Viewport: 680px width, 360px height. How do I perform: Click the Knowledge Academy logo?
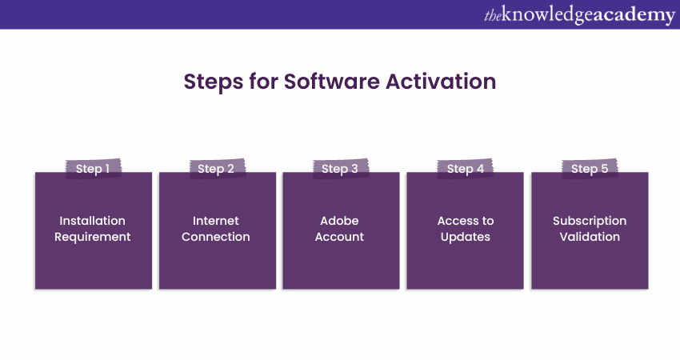pos(579,14)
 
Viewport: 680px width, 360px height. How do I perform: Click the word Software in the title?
pos(332,81)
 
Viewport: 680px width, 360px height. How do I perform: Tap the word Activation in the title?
pos(441,81)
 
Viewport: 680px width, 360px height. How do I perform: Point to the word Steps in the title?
pos(214,82)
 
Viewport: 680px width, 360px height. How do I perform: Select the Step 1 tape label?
pos(93,168)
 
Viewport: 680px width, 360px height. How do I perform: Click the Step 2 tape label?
pos(217,168)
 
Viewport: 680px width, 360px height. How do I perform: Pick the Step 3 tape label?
pos(341,168)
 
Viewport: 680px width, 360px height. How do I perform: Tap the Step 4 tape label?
pos(465,168)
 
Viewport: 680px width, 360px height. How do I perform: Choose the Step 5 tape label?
pos(590,168)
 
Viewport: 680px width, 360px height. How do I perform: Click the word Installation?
pos(92,221)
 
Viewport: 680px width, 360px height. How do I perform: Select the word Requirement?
pos(92,237)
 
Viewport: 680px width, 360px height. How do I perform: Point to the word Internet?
pos(215,221)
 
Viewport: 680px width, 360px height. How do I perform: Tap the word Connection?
pos(215,237)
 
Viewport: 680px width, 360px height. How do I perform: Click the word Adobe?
pos(339,221)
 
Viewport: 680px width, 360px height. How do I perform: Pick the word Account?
pos(339,237)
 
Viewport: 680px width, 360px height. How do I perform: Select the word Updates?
pos(466,238)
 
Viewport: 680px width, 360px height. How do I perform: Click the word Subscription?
pos(590,222)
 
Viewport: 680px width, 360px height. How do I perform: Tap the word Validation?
pos(590,237)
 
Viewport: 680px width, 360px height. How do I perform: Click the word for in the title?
pos(263,81)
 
